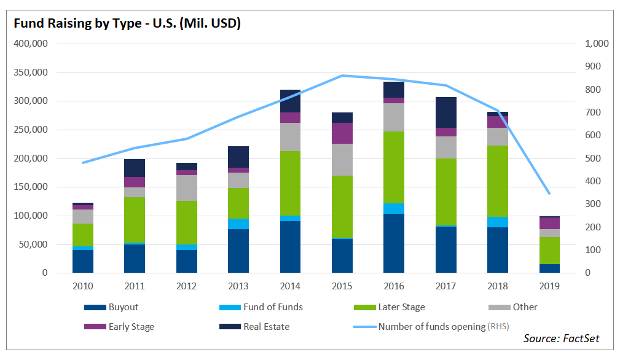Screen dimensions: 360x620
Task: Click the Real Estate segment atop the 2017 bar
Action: tap(445, 112)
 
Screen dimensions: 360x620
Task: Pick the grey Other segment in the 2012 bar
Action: tap(186, 188)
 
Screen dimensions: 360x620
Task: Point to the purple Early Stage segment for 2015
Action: tap(342, 133)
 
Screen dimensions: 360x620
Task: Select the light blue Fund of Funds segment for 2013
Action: tap(238, 224)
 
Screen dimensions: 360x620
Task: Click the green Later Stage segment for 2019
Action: tap(549, 251)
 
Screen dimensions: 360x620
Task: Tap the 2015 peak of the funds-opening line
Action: tap(342, 76)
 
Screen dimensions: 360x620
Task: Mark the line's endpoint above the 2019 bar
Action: tap(549, 194)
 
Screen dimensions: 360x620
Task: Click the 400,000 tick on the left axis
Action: tap(30, 44)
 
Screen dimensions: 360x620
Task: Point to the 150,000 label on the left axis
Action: tap(30, 187)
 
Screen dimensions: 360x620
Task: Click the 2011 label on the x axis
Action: tap(135, 286)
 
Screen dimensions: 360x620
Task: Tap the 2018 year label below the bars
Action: tap(497, 286)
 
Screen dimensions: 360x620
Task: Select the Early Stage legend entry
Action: tap(131, 327)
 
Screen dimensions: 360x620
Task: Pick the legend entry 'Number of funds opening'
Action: tap(431, 327)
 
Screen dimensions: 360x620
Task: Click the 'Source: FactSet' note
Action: tap(560, 338)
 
